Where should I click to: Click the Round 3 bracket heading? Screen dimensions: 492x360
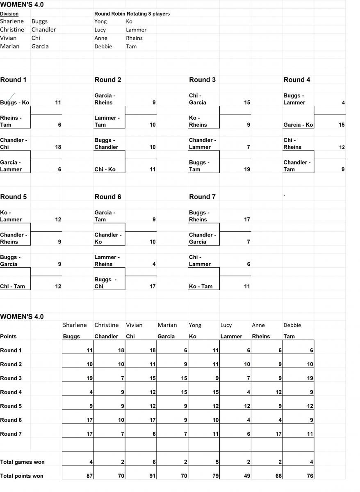tap(202, 80)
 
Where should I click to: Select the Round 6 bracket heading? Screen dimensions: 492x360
tap(108, 197)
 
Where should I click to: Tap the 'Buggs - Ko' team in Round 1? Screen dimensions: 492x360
tap(15, 102)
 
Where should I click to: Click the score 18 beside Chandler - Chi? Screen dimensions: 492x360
tap(58, 147)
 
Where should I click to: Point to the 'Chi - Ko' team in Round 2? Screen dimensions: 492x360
tap(105, 169)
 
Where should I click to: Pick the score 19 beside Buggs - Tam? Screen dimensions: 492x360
tap(247, 169)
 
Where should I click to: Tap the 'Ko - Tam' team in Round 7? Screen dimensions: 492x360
tap(201, 287)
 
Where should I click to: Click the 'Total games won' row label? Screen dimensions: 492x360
tap(22, 462)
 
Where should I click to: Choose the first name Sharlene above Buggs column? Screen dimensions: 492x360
tap(75, 325)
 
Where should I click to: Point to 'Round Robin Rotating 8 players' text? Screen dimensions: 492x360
tap(132, 14)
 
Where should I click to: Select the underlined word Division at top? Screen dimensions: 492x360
tap(9, 14)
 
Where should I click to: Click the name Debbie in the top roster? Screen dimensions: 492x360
tap(103, 47)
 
